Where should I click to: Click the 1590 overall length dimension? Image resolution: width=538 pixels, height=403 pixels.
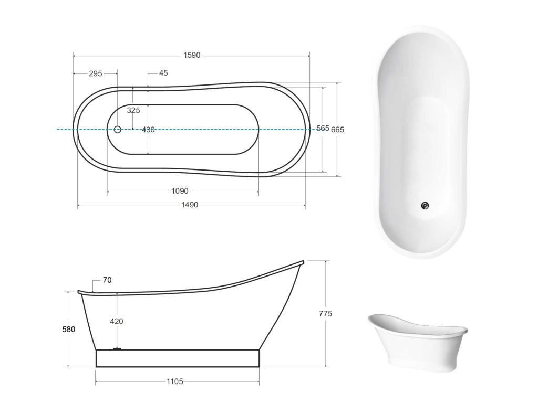(x=191, y=55)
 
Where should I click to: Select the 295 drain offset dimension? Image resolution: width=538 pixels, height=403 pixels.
(x=96, y=73)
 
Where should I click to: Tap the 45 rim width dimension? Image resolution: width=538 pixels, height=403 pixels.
(x=163, y=72)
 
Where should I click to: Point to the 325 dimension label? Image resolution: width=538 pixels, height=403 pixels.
(x=133, y=110)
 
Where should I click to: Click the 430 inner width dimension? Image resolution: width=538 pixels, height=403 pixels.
(x=148, y=130)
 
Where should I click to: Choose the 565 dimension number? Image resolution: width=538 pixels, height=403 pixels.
(x=323, y=128)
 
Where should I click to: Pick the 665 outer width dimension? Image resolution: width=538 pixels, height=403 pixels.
(x=337, y=130)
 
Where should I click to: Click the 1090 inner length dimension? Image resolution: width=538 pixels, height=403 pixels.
(x=180, y=191)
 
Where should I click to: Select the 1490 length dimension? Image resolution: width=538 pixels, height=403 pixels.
(x=190, y=205)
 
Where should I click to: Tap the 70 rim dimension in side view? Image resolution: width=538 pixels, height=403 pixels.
(x=107, y=280)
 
